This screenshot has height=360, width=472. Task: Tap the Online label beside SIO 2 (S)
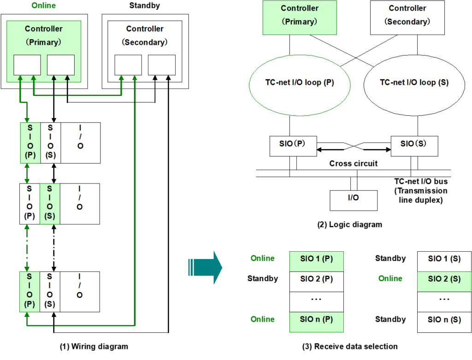pos(390,279)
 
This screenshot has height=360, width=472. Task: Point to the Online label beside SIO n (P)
pos(262,319)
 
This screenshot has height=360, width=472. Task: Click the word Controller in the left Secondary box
pos(145,29)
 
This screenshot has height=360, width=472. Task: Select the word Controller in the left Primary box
pos(44,29)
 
